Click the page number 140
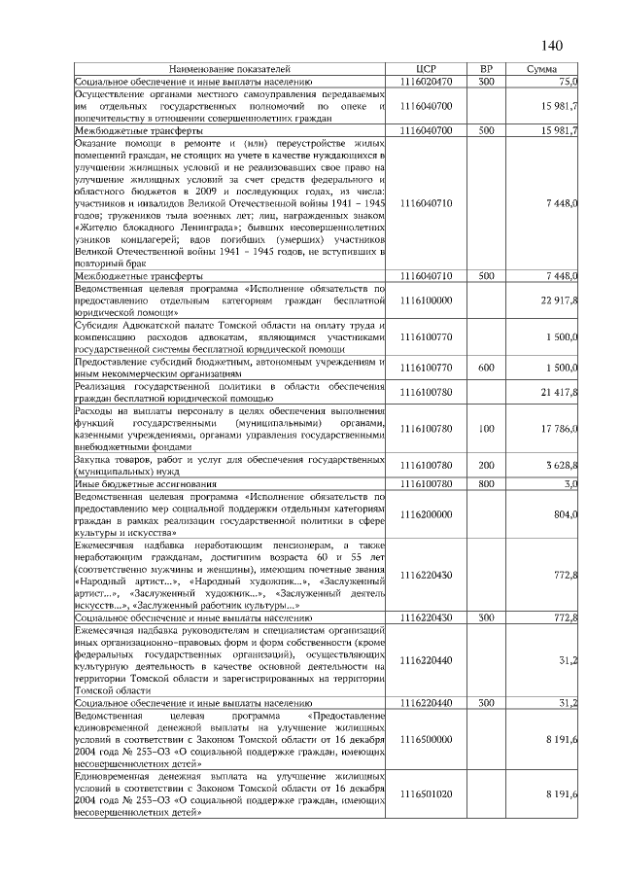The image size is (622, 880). [552, 45]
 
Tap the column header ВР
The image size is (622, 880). [487, 70]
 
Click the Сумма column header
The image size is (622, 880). [541, 70]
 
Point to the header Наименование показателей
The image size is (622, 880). [230, 70]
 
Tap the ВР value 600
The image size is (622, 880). [487, 369]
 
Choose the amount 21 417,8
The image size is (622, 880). [559, 391]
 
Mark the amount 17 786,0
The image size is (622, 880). [559, 429]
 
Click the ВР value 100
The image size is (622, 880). [487, 429]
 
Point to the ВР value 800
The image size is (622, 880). [487, 482]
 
